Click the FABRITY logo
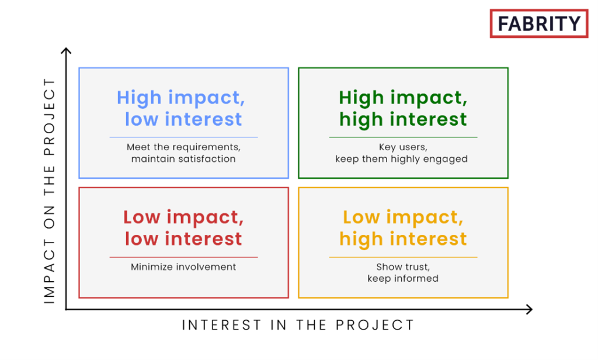coord(539,24)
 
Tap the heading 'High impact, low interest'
coord(181,108)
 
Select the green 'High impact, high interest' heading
coord(403,108)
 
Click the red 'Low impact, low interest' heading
coord(183,228)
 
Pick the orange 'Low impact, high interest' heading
coord(403,228)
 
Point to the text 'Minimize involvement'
coord(183,267)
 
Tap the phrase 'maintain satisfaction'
coord(183,159)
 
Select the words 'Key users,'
coord(403,147)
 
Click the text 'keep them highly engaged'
coord(402,159)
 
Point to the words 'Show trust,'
coord(403,267)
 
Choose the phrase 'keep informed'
coord(403,278)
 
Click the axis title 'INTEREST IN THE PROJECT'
coord(298,326)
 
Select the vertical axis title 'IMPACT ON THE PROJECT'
coord(50,191)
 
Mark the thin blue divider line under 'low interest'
coord(183,137)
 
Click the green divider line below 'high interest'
coord(403,137)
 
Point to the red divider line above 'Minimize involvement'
coord(183,257)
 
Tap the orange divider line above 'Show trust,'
coord(403,257)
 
